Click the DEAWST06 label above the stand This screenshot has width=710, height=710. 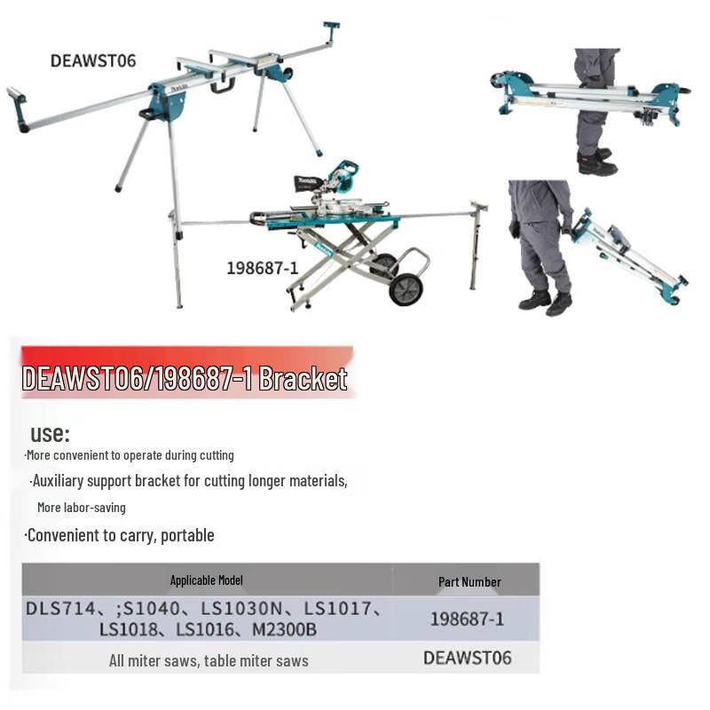coord(93,60)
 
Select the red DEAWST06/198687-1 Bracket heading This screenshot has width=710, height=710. coord(185,379)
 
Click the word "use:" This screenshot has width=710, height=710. coord(50,434)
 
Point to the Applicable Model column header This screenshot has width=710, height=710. coord(206,580)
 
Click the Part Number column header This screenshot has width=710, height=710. coord(469,582)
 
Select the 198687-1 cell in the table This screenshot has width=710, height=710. coord(467,619)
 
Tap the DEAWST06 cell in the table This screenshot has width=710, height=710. coord(467,658)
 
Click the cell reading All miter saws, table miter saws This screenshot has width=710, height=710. coord(209,660)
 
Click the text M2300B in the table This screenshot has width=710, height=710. coord(284,630)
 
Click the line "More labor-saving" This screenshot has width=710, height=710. coord(82,508)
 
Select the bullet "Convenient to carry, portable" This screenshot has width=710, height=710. coord(119,535)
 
